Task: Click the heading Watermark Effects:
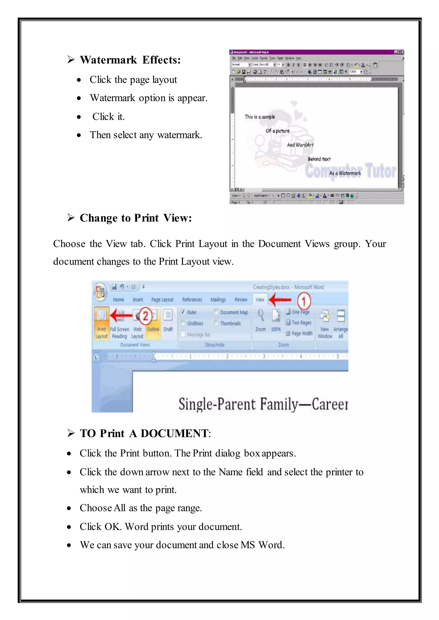click(130, 60)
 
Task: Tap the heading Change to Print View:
click(136, 218)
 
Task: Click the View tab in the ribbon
click(260, 300)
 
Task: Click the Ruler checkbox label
click(192, 312)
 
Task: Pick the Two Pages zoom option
click(301, 323)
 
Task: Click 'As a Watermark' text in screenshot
click(345, 173)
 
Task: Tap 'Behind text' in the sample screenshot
click(319, 159)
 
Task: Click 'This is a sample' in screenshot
click(260, 117)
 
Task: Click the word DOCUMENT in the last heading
click(174, 433)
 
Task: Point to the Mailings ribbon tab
click(218, 300)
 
